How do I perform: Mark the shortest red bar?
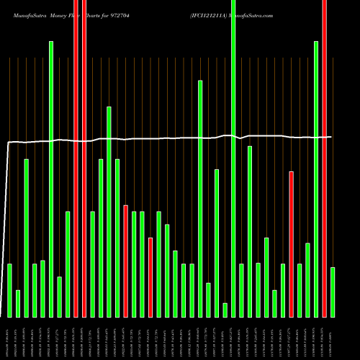click(x=150, y=277)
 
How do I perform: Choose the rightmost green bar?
click(x=333, y=292)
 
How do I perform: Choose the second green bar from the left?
click(x=18, y=303)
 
